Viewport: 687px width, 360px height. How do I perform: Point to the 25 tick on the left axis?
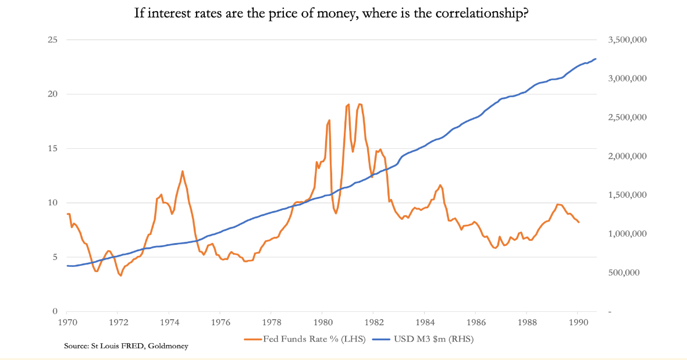pyautogui.click(x=52, y=40)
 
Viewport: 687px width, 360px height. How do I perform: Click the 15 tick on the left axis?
pyautogui.click(x=52, y=148)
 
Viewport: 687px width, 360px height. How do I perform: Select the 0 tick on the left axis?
pyautogui.click(x=55, y=311)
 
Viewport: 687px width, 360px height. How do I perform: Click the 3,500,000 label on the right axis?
pyautogui.click(x=628, y=40)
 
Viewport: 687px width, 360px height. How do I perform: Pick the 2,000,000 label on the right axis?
pyautogui.click(x=628, y=156)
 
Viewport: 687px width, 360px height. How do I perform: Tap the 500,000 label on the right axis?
pyautogui.click(x=624, y=272)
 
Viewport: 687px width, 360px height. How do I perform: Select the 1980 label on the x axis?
pyautogui.click(x=322, y=323)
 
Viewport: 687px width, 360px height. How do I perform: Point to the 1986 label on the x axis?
pyautogui.click(x=476, y=323)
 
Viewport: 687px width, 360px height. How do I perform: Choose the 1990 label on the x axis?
pyautogui.click(x=578, y=323)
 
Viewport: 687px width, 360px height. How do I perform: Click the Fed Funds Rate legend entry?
pyautogui.click(x=305, y=339)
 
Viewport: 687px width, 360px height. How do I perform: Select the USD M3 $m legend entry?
pyautogui.click(x=423, y=339)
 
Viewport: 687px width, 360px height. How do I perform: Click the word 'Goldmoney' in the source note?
pyautogui.click(x=168, y=346)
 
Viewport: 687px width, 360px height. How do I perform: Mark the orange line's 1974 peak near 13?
pyautogui.click(x=182, y=171)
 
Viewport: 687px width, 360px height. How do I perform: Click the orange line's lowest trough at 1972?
pyautogui.click(x=120, y=275)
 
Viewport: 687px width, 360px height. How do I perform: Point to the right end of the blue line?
pyautogui.click(x=596, y=59)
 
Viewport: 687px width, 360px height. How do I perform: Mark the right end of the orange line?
pyautogui.click(x=579, y=223)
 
